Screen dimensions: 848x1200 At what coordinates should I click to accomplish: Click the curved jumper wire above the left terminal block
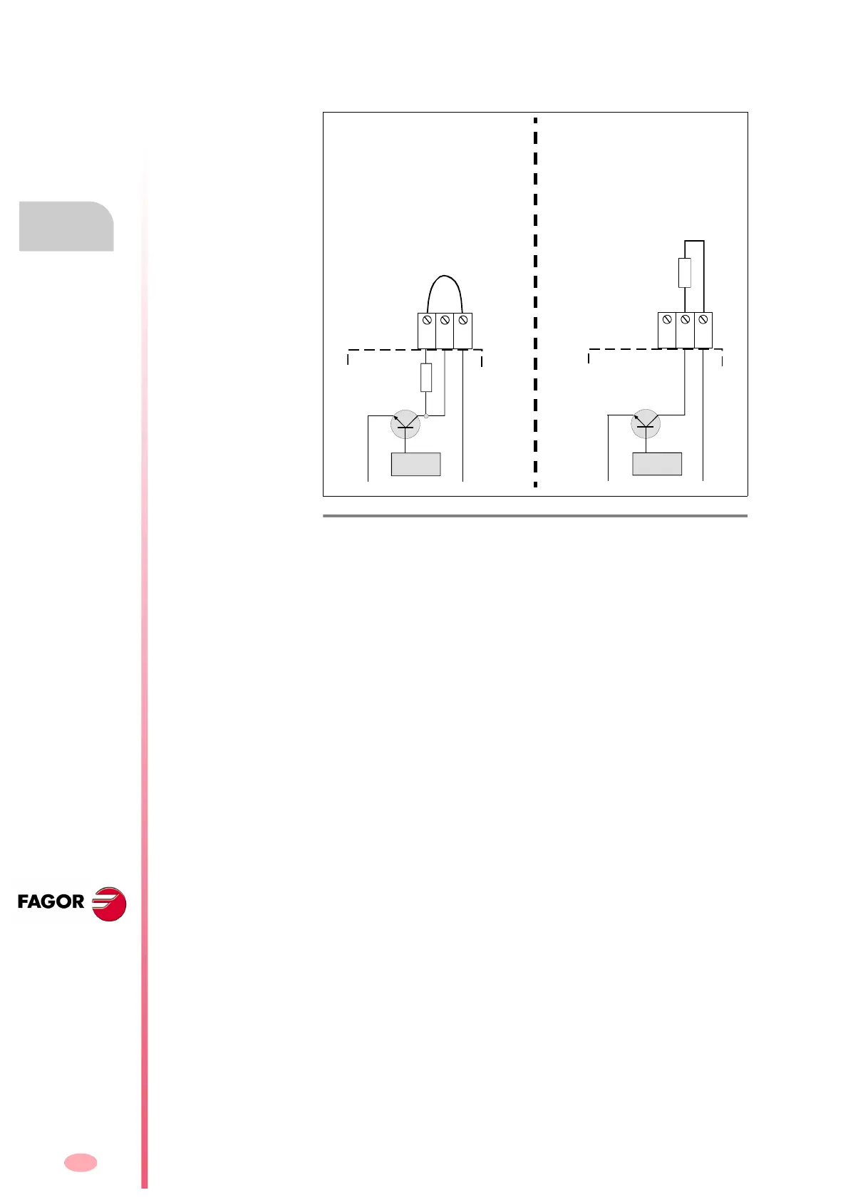click(x=445, y=277)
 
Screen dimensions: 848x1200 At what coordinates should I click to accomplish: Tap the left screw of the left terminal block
click(x=427, y=321)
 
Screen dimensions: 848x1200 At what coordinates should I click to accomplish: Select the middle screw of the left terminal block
click(x=445, y=321)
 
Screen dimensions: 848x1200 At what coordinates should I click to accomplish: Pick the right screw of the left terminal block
click(x=463, y=321)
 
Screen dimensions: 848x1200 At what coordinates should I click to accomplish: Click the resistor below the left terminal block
click(x=426, y=377)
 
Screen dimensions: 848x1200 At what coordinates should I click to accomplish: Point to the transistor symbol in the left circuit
click(x=405, y=425)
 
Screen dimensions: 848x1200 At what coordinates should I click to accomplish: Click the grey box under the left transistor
click(x=416, y=464)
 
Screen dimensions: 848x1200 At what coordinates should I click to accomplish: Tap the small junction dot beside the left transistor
click(x=426, y=415)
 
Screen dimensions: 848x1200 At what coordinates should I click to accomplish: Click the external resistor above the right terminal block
click(x=685, y=273)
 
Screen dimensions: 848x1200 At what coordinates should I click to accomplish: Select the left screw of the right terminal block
click(x=667, y=320)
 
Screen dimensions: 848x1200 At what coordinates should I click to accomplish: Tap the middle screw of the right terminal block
click(x=685, y=320)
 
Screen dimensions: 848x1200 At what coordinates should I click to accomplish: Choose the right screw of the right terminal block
click(x=703, y=320)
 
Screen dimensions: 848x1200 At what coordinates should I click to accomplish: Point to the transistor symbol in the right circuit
click(x=646, y=425)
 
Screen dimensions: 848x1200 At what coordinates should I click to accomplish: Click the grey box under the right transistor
click(x=657, y=464)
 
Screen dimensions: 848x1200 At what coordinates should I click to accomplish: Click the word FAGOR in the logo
click(x=51, y=902)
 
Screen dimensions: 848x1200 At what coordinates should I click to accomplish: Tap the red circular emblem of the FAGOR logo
click(x=110, y=904)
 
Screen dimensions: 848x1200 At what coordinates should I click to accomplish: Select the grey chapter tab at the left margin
click(x=66, y=227)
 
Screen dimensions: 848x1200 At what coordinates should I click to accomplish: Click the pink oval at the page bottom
click(x=81, y=1162)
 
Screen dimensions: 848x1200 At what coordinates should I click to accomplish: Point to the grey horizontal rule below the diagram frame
click(x=535, y=515)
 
